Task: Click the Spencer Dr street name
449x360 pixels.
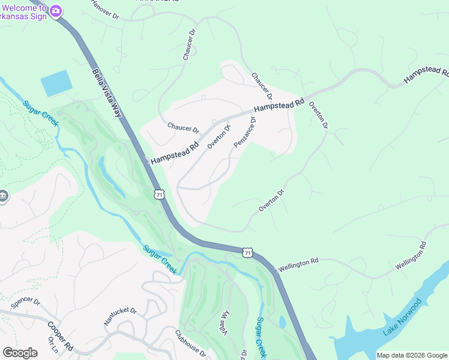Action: click(x=25, y=301)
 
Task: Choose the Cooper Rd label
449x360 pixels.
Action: click(x=60, y=335)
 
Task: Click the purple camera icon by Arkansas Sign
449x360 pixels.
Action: click(x=56, y=10)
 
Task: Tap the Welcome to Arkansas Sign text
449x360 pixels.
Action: click(x=24, y=10)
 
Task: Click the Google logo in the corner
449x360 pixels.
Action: click(x=20, y=353)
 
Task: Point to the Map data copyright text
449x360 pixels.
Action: click(x=412, y=355)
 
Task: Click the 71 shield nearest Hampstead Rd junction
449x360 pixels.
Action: click(x=158, y=194)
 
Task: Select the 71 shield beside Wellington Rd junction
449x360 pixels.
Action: click(x=247, y=253)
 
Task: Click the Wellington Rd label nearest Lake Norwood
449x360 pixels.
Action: click(x=411, y=256)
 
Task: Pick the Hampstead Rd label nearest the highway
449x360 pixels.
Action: click(x=175, y=153)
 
